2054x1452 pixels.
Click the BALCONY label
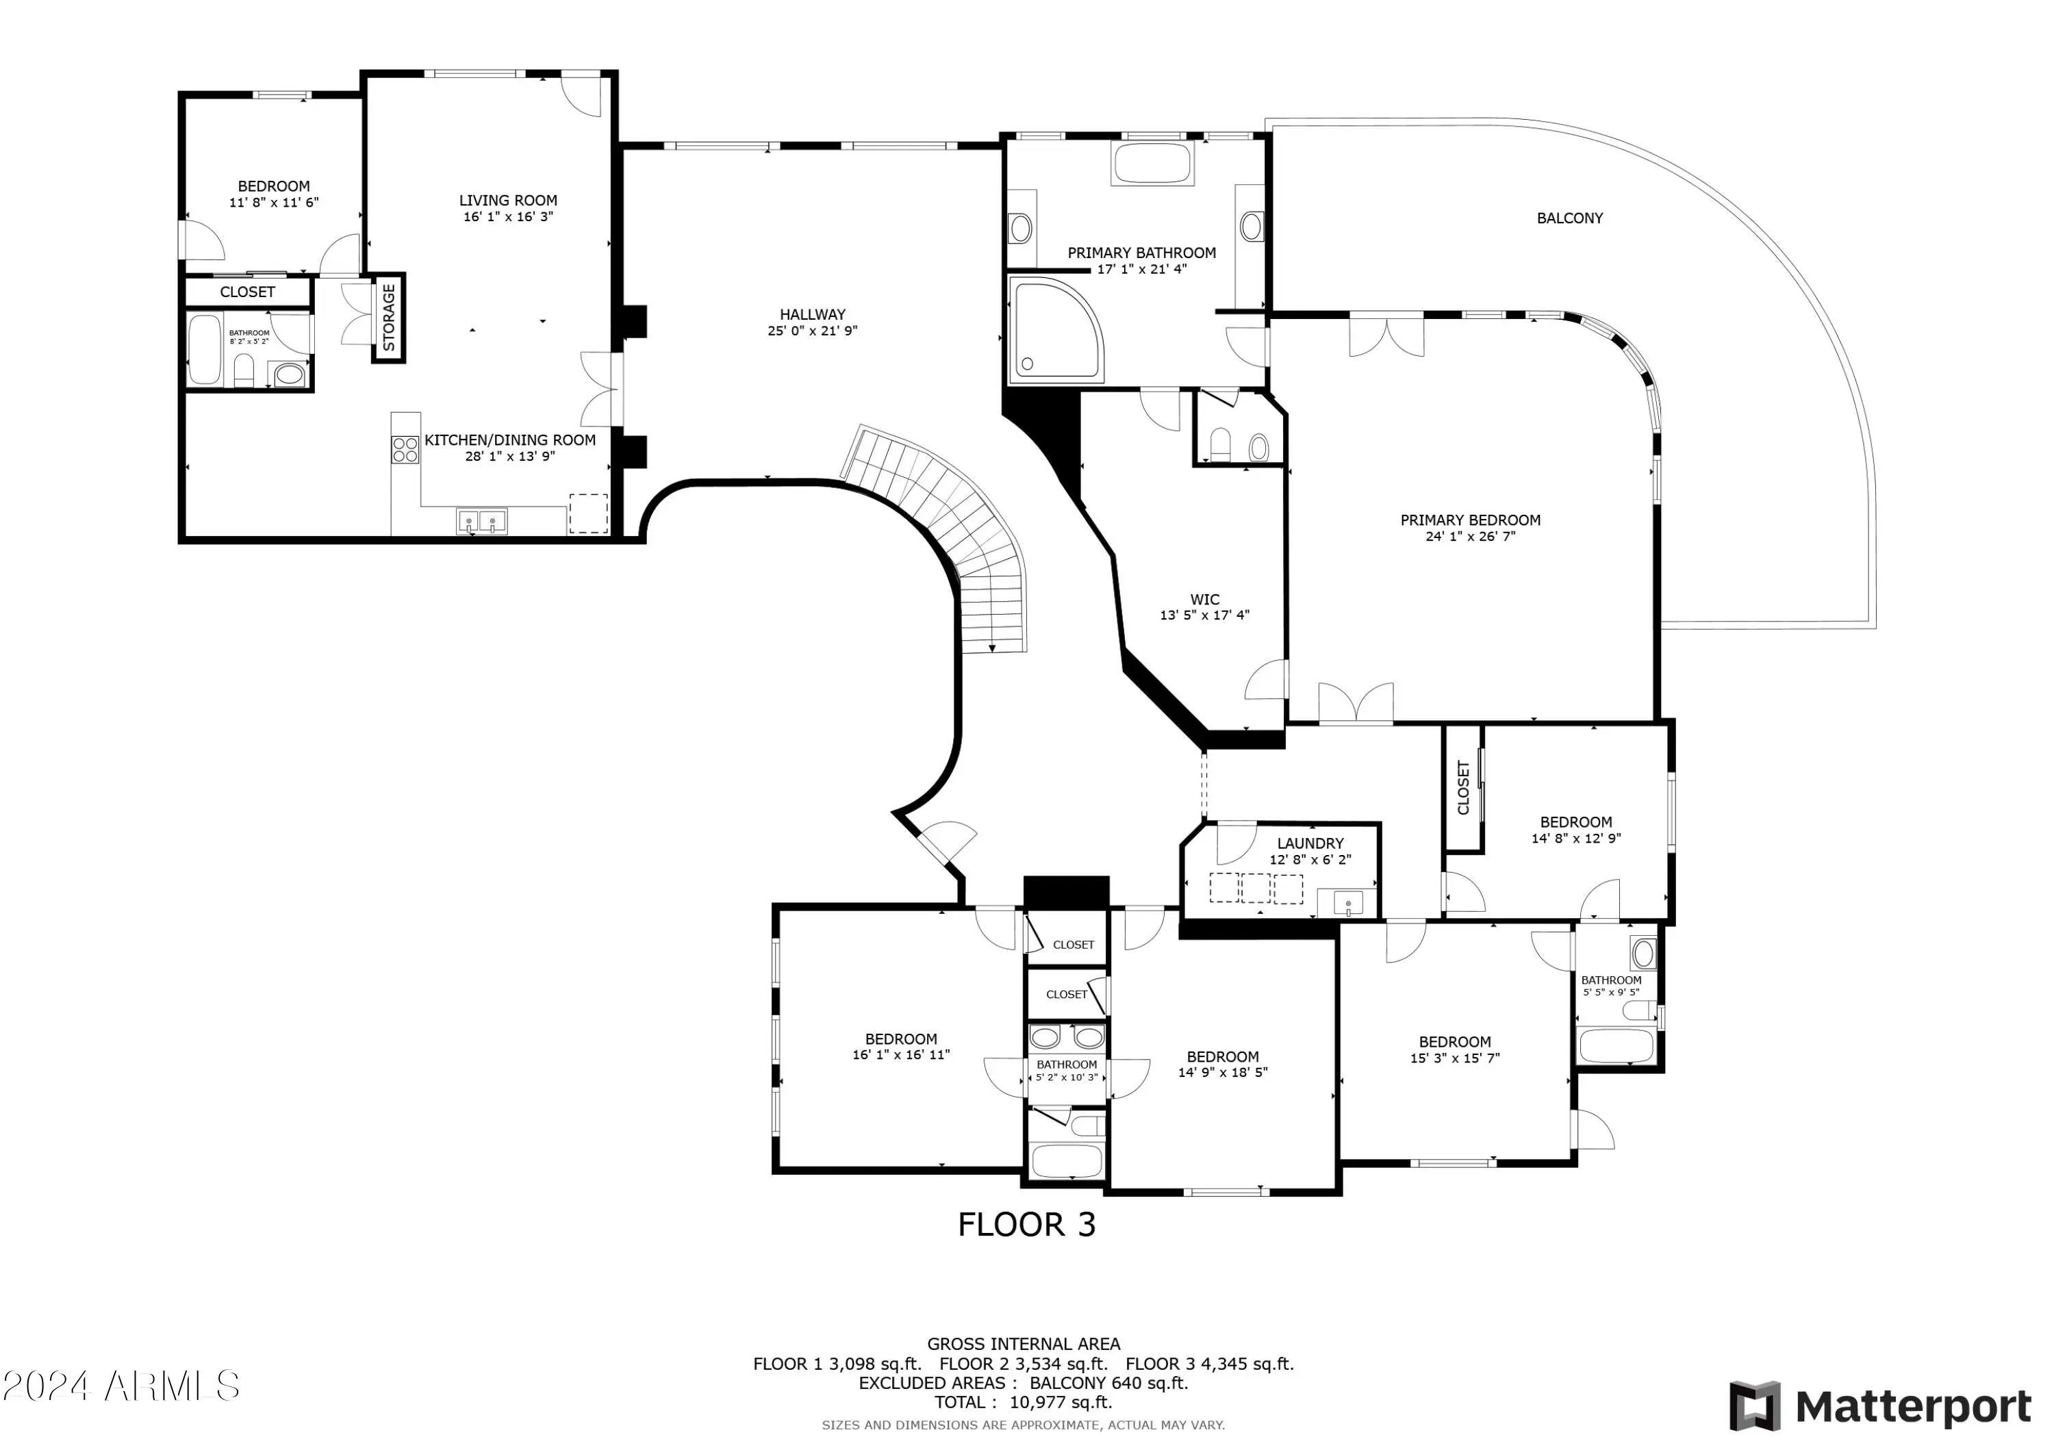pos(1569,218)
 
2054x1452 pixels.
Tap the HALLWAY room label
pos(812,315)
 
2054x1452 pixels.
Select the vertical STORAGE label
pos(389,318)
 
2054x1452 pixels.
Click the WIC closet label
pos(1204,600)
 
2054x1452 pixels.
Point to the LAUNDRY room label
pos(1310,843)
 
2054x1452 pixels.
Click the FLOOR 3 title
pos(1026,1225)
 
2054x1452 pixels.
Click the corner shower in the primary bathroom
pos(1056,329)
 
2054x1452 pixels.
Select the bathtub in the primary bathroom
pos(1152,164)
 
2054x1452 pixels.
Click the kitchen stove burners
pos(405,449)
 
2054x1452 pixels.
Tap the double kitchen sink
pos(481,522)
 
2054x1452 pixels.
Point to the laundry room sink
pos(1348,904)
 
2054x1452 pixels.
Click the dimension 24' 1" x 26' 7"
pos(1470,537)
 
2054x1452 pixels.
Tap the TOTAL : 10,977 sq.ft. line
pos(1024,1403)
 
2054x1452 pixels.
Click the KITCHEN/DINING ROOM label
pos(510,440)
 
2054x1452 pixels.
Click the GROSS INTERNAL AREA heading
pos(1024,1344)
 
